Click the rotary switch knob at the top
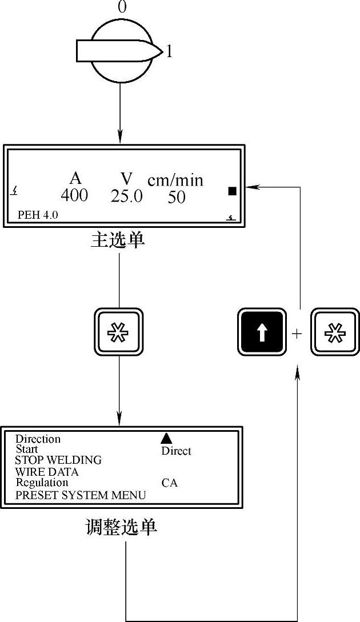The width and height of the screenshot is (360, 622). (119, 50)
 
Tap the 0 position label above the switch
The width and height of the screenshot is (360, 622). (122, 7)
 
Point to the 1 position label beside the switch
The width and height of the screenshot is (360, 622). (169, 53)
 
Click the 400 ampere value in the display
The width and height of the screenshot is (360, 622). (74, 195)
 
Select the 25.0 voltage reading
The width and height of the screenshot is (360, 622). (126, 196)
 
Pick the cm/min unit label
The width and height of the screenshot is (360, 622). (175, 180)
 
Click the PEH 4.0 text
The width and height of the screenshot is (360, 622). (38, 215)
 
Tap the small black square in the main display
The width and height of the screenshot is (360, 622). (232, 191)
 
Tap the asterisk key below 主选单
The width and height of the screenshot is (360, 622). (118, 332)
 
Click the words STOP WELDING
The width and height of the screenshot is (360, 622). (58, 460)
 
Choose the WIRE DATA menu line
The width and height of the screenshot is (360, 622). (47, 472)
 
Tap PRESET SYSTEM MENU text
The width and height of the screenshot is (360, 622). (81, 495)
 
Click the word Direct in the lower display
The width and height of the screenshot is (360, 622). (176, 451)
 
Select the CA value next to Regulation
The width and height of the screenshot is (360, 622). (169, 483)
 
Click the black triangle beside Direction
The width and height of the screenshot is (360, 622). (166, 438)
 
